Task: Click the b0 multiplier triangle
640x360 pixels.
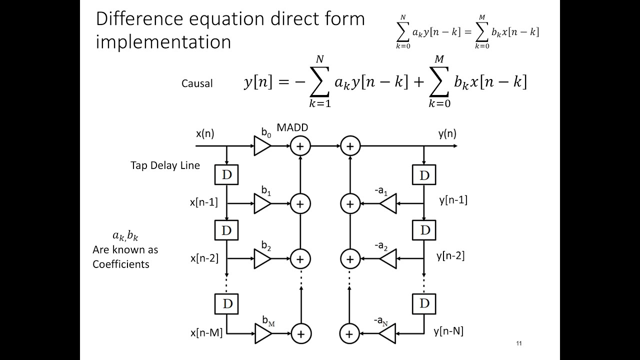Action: pos(262,146)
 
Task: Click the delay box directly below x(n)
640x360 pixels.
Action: pos(226,174)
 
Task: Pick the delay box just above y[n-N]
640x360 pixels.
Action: pos(424,302)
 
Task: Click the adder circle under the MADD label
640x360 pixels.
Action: pos(300,146)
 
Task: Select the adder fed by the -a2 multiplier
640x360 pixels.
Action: pos(350,259)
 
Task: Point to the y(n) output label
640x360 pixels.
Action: pos(447,134)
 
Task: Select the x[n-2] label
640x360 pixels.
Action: pos(204,258)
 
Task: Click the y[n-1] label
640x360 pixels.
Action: pos(453,200)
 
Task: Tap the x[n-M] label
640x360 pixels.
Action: pos(206,332)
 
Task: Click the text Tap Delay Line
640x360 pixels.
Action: pos(165,165)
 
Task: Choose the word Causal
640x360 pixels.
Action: pos(197,83)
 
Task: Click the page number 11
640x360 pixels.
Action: pos(519,343)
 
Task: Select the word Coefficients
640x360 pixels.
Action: pos(120,264)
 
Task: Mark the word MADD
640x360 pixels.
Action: pos(292,128)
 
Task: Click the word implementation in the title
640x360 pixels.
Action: pos(163,42)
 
